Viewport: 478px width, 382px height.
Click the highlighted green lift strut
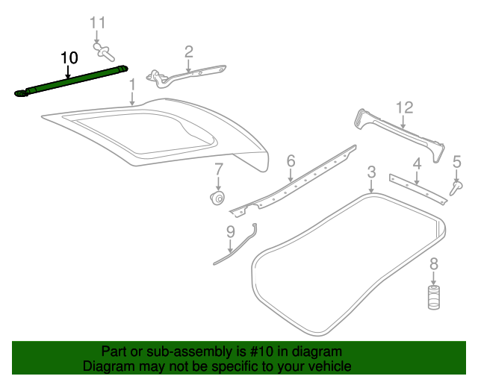point(72,81)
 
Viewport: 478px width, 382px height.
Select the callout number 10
point(69,58)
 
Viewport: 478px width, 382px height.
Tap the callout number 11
point(98,23)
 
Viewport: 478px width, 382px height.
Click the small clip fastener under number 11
point(103,51)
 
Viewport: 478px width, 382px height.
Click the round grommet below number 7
point(218,198)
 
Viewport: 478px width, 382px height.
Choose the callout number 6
point(291,160)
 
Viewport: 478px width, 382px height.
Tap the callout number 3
point(371,172)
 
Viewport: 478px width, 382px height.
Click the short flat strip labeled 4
point(418,190)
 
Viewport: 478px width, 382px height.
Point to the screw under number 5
point(456,188)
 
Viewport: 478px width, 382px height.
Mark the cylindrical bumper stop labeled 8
point(433,297)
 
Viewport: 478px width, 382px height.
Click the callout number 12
point(405,107)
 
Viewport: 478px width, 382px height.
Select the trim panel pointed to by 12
point(400,134)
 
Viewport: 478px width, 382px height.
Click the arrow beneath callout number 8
point(433,278)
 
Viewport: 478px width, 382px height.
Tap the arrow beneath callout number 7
point(218,184)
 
